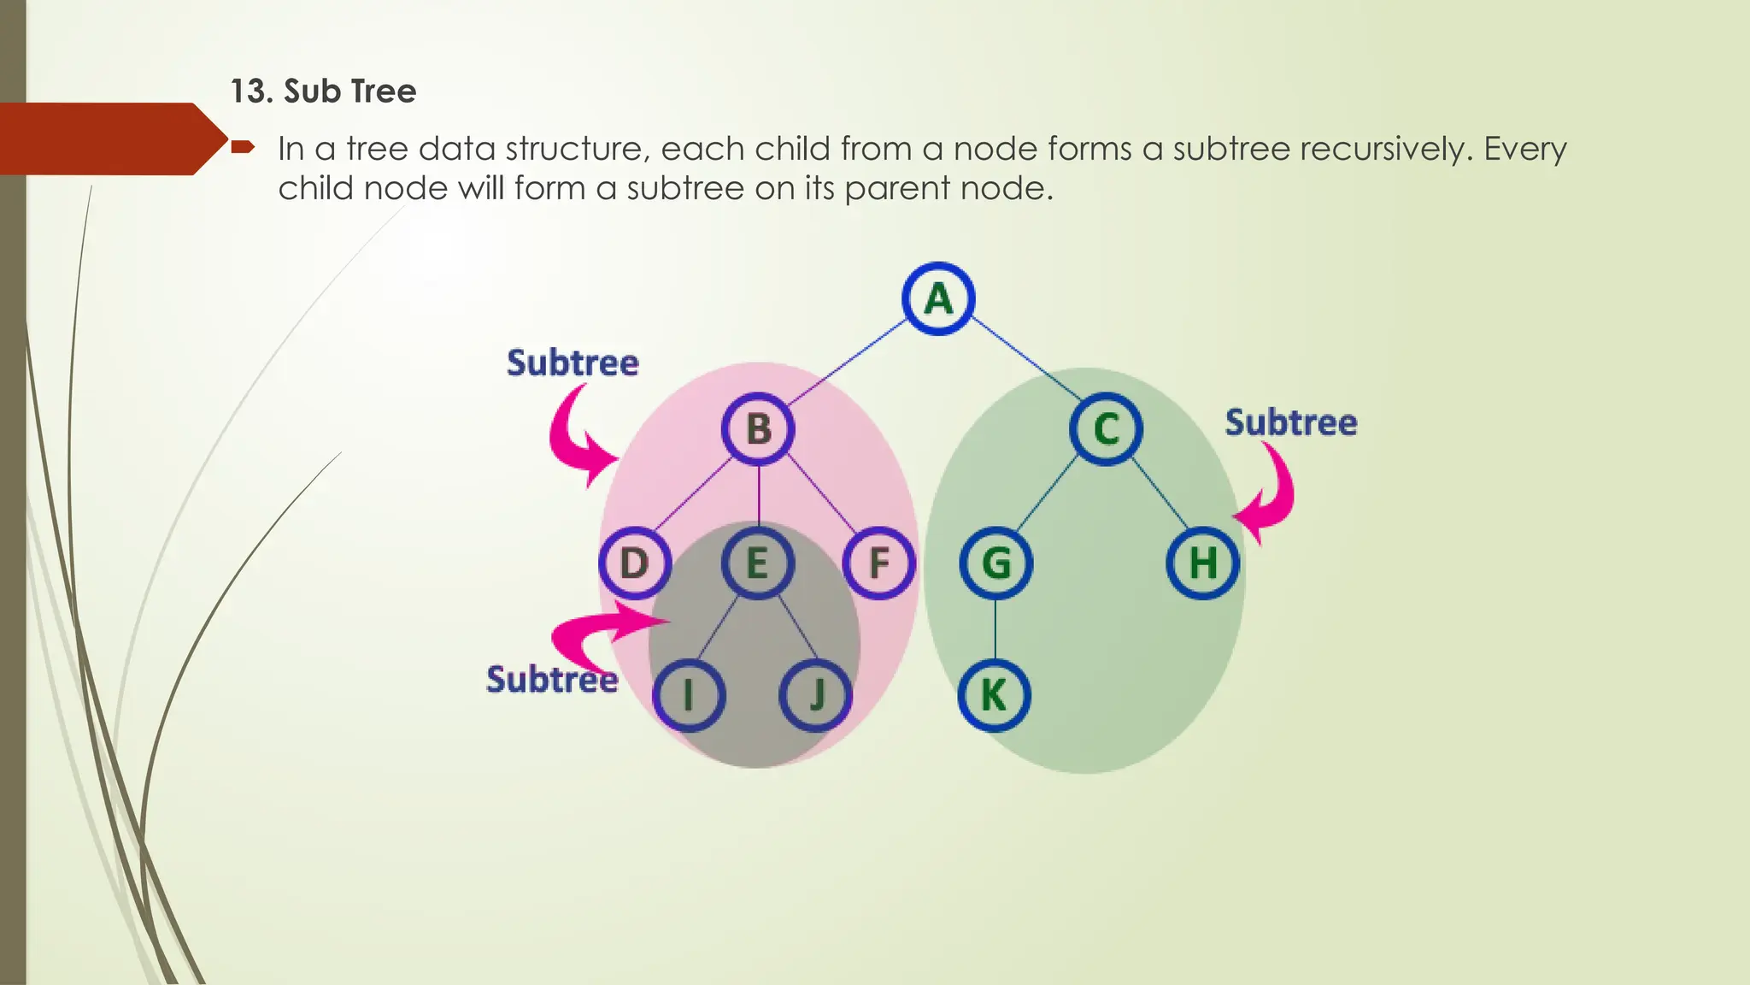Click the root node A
[938, 298]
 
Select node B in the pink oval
[758, 429]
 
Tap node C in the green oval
[1106, 429]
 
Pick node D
[634, 563]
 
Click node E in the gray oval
[758, 563]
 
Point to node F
[878, 563]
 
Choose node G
[996, 563]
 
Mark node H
[1203, 563]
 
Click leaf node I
[689, 695]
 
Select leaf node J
[816, 695]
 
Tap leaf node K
[994, 695]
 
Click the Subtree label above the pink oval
[573, 363]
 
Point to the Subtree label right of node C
[1291, 422]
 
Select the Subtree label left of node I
[552, 680]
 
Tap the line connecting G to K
[995, 629]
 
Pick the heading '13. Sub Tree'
[323, 91]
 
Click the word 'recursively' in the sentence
[1385, 150]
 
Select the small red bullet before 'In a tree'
[243, 147]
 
